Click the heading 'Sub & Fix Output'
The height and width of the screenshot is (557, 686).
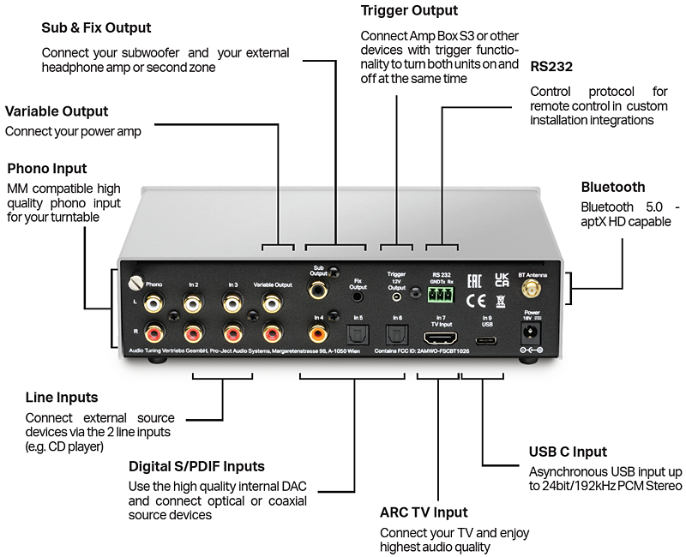click(x=96, y=28)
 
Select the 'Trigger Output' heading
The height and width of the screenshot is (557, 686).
click(x=409, y=10)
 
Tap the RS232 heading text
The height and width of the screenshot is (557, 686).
click(x=551, y=66)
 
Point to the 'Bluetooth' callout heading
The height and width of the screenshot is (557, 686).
click(x=613, y=187)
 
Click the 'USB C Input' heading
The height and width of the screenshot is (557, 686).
click(x=568, y=452)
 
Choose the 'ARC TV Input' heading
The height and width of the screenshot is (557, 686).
click(x=424, y=512)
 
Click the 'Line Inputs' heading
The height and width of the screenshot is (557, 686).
click(x=62, y=398)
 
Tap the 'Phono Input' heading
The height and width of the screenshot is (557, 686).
click(x=47, y=168)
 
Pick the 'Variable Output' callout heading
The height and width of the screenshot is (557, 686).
click(x=57, y=111)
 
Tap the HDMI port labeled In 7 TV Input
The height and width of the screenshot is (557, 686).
click(x=442, y=337)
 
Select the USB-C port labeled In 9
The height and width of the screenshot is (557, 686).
click(x=487, y=338)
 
